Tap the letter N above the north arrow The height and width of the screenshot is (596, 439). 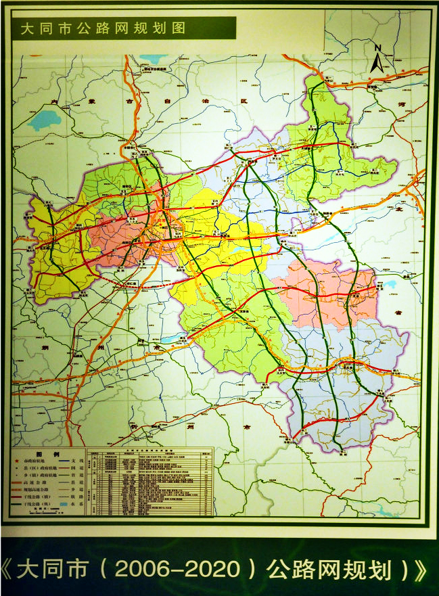379,47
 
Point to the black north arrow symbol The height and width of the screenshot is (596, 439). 377,63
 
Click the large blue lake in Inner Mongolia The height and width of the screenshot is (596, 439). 45,120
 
